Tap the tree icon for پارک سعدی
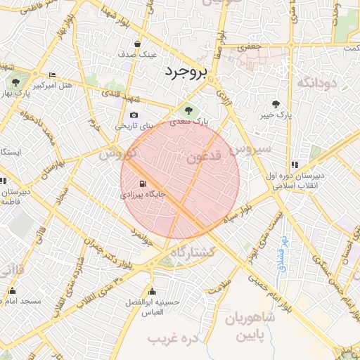point(187,110)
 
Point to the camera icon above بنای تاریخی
point(134,115)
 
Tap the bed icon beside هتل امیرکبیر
point(53,75)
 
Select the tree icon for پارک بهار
point(15,82)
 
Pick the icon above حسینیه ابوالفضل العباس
point(152,291)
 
